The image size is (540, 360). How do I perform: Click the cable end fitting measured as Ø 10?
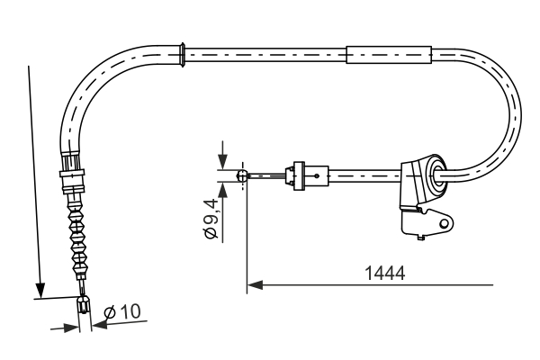(x=85, y=307)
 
